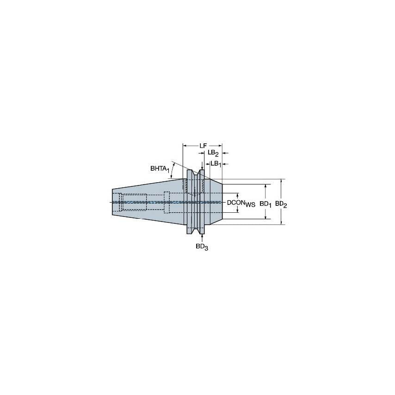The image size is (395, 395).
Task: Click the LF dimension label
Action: tap(203, 146)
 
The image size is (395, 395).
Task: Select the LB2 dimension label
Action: tap(213, 153)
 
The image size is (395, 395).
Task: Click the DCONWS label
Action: tap(241, 203)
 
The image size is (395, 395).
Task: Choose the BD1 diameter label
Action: tap(265, 204)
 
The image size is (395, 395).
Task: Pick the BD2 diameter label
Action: tap(281, 204)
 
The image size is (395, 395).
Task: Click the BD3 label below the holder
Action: tap(202, 247)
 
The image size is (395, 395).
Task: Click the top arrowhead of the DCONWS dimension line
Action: tap(238, 195)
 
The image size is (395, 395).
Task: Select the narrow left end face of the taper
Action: tap(113, 202)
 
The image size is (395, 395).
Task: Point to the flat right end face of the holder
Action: tap(222, 202)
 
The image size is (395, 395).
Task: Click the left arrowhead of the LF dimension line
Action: tap(185, 146)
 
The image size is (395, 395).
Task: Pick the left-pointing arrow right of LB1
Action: tap(225, 163)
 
